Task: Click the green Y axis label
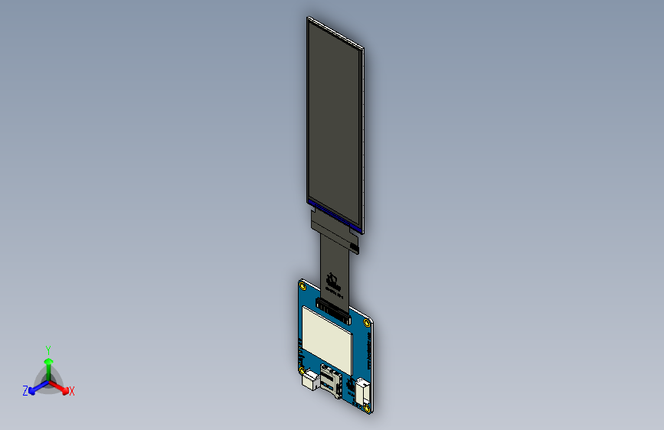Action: pyautogui.click(x=47, y=349)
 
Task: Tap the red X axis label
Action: pyautogui.click(x=72, y=392)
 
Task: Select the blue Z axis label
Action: pyautogui.click(x=25, y=391)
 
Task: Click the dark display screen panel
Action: pyautogui.click(x=335, y=122)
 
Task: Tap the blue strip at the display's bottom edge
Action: pyautogui.click(x=334, y=214)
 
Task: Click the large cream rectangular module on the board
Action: pyautogui.click(x=327, y=335)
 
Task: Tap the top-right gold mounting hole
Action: pyautogui.click(x=373, y=321)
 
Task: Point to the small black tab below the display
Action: pyautogui.click(x=354, y=244)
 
